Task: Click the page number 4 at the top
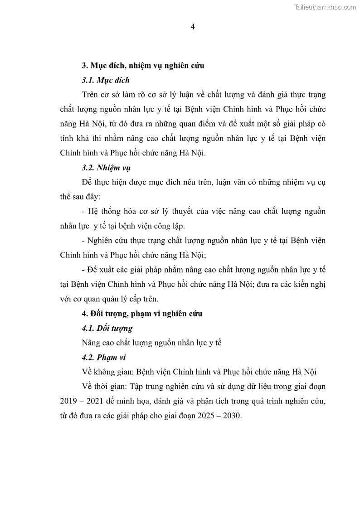[x=192, y=27]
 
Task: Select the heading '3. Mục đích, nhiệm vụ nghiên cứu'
[x=143, y=66]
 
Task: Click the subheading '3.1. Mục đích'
[x=106, y=80]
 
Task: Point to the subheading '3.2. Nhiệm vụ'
[x=106, y=168]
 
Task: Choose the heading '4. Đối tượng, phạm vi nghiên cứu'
[x=142, y=313]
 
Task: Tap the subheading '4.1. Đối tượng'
[x=107, y=328]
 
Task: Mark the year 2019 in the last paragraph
[x=68, y=401]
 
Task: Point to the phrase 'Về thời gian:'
[x=102, y=387]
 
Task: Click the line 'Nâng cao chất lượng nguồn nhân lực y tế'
[x=151, y=343]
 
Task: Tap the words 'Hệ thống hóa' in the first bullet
[x=108, y=212]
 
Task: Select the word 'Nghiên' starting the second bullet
[x=98, y=241]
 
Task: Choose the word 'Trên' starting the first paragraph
[x=90, y=95]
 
